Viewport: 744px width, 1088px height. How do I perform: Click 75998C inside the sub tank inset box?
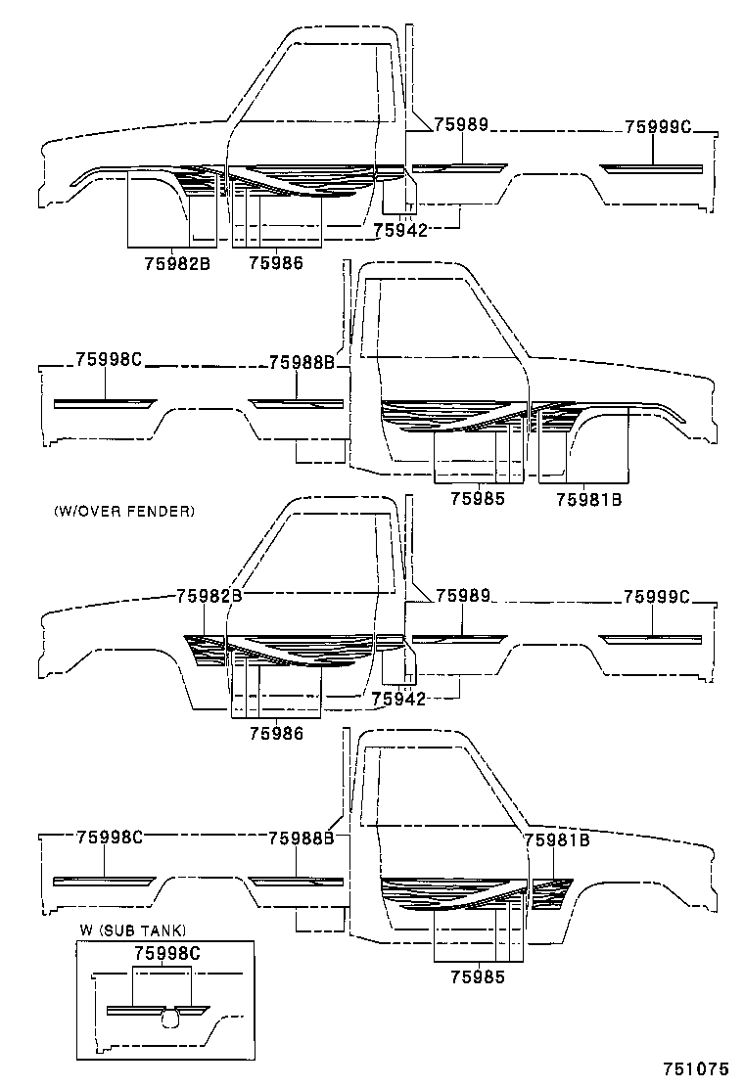click(165, 952)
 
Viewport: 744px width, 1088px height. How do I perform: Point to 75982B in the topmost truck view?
click(177, 262)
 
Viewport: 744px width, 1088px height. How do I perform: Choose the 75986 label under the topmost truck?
click(275, 262)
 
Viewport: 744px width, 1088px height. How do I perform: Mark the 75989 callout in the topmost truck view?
click(460, 124)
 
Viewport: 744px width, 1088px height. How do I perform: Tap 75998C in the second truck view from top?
click(110, 360)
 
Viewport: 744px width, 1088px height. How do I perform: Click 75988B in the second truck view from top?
click(302, 362)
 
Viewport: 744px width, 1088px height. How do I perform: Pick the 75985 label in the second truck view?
click(478, 498)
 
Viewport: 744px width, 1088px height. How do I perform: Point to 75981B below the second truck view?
click(589, 498)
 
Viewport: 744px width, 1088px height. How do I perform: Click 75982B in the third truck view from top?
click(209, 595)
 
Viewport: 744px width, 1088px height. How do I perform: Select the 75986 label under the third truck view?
click(275, 733)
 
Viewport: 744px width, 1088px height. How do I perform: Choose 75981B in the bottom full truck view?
click(556, 839)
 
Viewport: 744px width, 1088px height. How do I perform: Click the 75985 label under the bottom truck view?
click(478, 975)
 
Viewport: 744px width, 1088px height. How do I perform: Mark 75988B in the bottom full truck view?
click(302, 838)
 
